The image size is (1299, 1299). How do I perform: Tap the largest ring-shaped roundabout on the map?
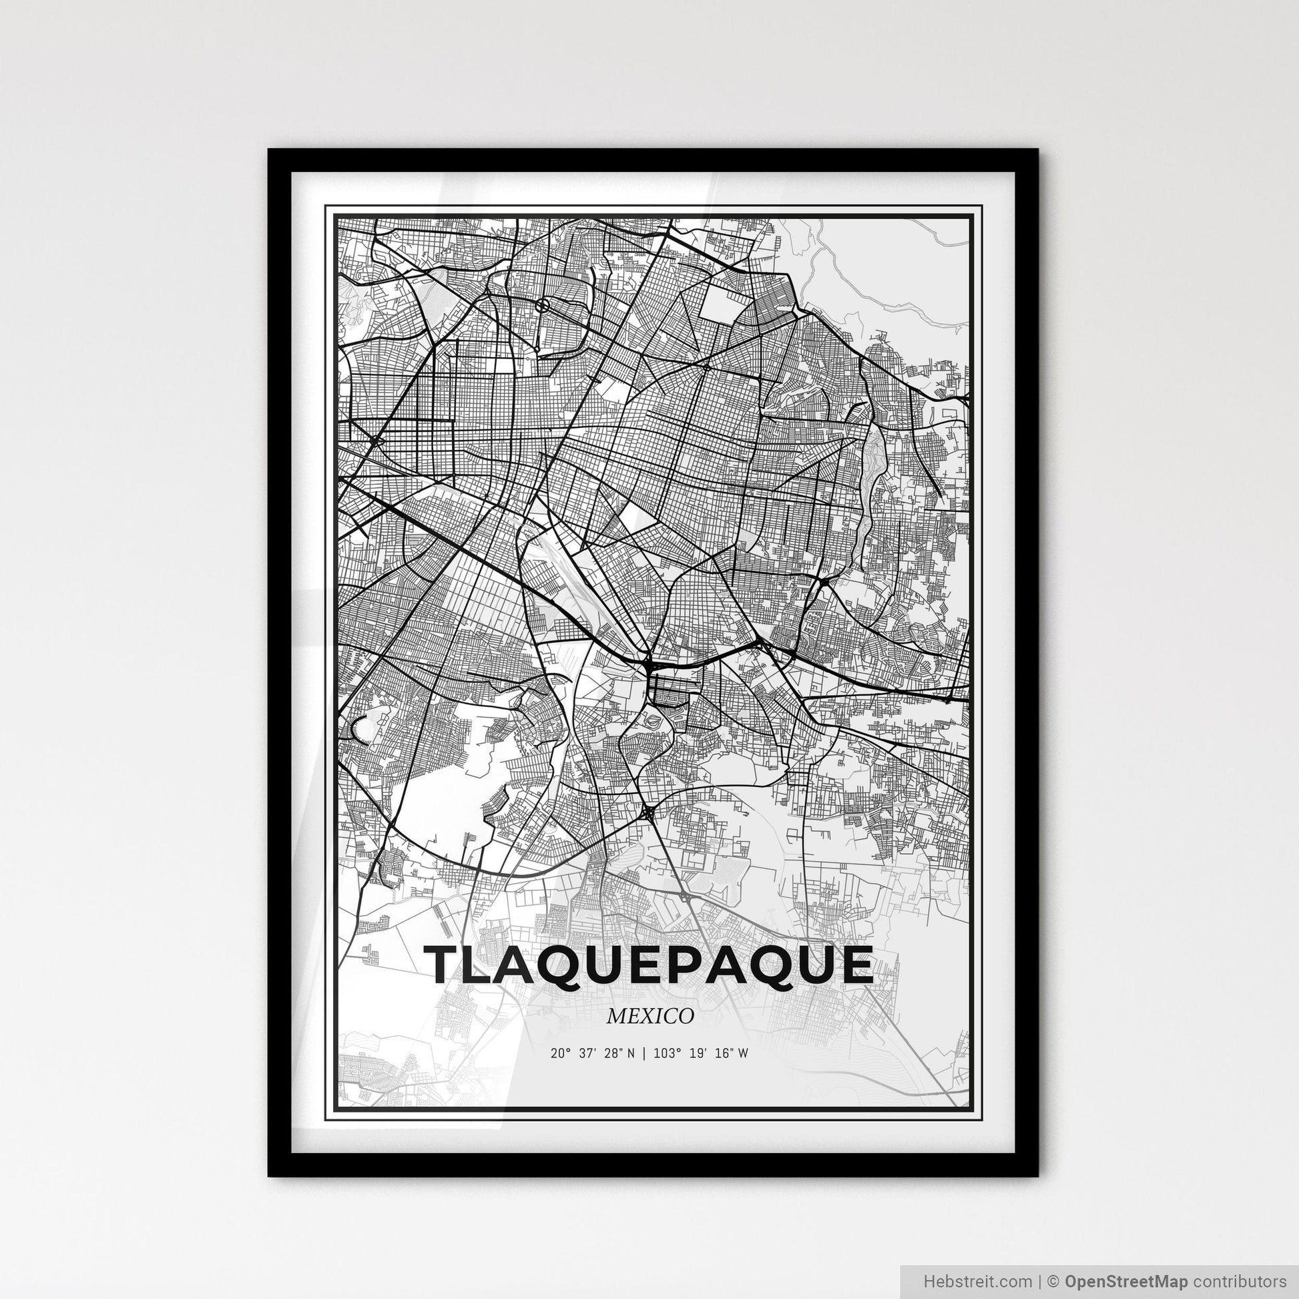pos(543,306)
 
